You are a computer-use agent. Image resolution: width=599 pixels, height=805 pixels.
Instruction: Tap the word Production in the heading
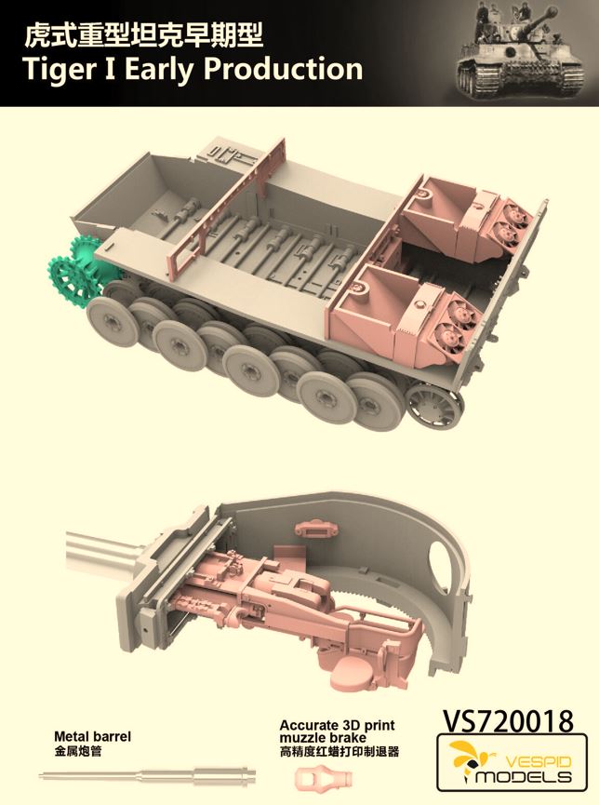click(284, 69)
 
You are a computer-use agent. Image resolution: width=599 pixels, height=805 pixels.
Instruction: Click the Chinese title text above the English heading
click(144, 35)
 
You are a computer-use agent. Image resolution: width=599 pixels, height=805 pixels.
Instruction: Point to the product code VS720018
click(507, 721)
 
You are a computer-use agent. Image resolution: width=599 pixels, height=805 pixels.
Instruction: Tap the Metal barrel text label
click(92, 737)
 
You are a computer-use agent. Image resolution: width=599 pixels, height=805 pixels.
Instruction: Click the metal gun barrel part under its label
click(147, 772)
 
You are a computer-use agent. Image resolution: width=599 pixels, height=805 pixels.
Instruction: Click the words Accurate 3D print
click(337, 725)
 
